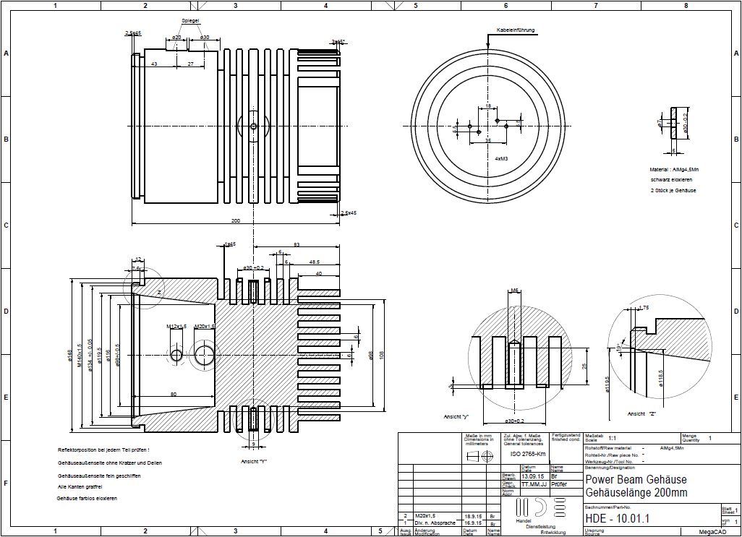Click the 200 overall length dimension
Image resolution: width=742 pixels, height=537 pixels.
tap(235, 220)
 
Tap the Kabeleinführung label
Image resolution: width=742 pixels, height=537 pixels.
tap(516, 30)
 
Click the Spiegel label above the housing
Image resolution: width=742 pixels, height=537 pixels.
tap(190, 21)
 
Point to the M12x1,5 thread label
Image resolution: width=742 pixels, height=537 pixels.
tap(176, 327)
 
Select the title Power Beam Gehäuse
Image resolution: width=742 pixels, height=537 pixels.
tap(636, 480)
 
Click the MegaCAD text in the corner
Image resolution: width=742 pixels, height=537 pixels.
tap(712, 531)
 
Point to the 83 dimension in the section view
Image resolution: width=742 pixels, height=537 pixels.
tap(297, 246)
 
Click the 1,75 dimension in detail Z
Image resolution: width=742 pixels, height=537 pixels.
tap(644, 308)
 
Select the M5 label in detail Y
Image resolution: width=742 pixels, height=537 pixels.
tap(514, 291)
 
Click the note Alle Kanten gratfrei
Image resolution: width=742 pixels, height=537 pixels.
tap(82, 487)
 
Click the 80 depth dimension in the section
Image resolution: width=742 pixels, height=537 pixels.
tap(174, 394)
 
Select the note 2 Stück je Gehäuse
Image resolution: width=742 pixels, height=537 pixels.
tap(673, 190)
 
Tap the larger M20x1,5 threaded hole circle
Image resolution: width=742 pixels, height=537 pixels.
tap(205, 354)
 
